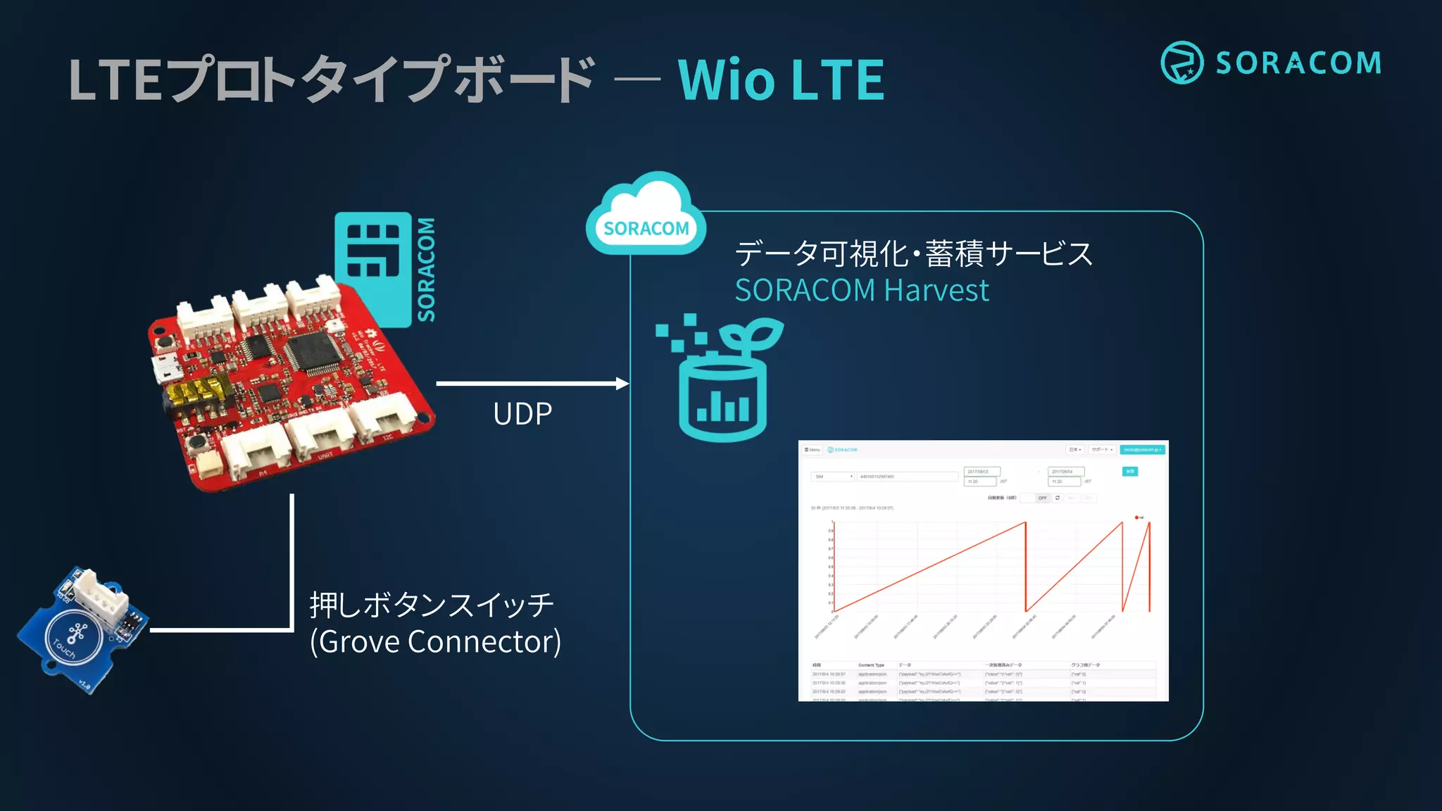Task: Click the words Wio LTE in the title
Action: pyautogui.click(x=780, y=80)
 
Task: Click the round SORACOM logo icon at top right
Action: pyautogui.click(x=1181, y=63)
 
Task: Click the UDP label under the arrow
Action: pyautogui.click(x=522, y=414)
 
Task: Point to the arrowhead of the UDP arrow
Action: pyautogui.click(x=622, y=384)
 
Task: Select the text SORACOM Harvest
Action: pyautogui.click(x=861, y=290)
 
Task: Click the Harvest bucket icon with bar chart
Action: pyautogui.click(x=722, y=398)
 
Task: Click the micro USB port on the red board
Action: pyautogui.click(x=165, y=367)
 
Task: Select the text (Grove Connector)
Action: pyautogui.click(x=435, y=641)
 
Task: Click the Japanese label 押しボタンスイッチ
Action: pyautogui.click(x=432, y=605)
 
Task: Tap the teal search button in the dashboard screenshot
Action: pyautogui.click(x=1129, y=472)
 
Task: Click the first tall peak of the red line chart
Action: pyautogui.click(x=1024, y=524)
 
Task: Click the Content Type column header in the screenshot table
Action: pyautogui.click(x=871, y=665)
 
